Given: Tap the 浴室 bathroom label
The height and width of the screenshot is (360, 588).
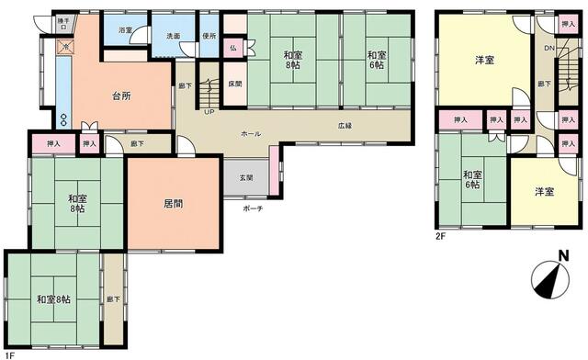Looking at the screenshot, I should [126, 30].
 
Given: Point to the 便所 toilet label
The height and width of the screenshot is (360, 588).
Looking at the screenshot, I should [209, 35].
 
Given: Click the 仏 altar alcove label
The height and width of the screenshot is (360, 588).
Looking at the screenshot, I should [233, 47].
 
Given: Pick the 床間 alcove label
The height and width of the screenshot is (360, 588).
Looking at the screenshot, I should [235, 84].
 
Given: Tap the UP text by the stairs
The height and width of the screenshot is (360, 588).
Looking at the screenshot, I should [209, 112].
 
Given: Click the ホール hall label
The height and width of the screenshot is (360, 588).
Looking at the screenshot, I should [250, 133].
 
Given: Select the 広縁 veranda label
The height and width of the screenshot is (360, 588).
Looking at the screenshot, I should [345, 126].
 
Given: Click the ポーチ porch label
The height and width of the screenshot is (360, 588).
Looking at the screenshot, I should [254, 208].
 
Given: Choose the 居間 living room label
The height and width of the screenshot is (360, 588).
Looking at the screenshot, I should [173, 204].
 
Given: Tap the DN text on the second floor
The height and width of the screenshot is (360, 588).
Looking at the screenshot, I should [548, 48].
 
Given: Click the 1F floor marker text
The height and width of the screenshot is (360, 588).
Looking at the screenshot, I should [8, 353].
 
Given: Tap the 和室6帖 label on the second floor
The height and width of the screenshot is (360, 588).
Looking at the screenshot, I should [472, 180].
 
